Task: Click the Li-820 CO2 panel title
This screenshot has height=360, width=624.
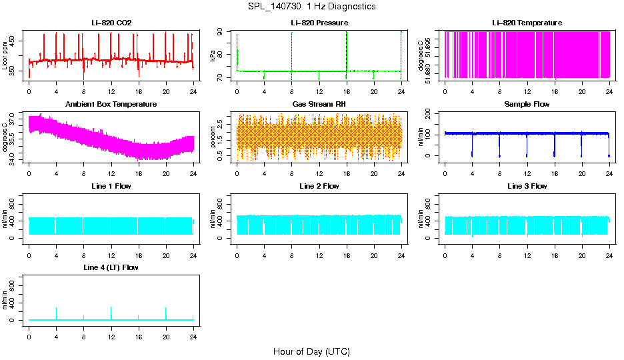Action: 111,23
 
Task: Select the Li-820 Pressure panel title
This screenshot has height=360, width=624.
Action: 319,23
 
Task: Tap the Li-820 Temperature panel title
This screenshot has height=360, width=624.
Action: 527,23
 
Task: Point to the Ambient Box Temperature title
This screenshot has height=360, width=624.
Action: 111,105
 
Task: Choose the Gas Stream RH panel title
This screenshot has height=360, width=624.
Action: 319,105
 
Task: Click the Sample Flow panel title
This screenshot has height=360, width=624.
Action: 527,105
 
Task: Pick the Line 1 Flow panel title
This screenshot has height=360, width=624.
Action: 111,186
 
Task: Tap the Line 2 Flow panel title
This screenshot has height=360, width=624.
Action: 319,186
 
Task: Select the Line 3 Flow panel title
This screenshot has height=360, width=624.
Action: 527,186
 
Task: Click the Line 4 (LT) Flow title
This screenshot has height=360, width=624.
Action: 111,267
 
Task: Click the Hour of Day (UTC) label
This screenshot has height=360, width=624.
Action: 311,351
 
